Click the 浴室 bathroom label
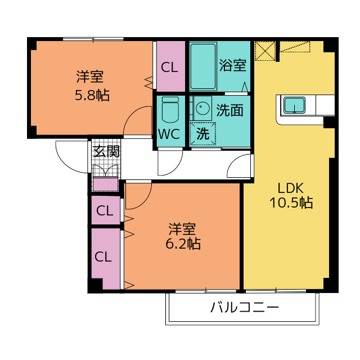pos(232,65)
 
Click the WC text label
pos(169,135)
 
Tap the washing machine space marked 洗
pos(201,134)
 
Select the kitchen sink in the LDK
pos(295,105)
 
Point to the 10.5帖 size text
pos(290,203)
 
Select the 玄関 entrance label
pos(106,151)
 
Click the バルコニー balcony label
pos(245,308)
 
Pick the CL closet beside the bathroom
pos(169,67)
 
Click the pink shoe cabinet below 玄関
pos(105,184)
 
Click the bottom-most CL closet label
pos(103,257)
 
